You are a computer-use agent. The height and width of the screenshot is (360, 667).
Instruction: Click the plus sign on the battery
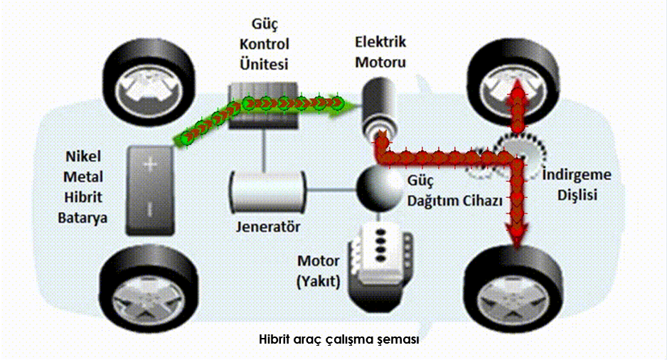(150, 164)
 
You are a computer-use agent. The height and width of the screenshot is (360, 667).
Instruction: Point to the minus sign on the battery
(150, 209)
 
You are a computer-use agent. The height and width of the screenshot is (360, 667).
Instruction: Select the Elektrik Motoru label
(380, 53)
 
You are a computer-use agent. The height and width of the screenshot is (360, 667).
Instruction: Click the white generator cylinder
(267, 191)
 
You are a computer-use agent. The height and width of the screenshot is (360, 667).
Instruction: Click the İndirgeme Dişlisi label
(577, 185)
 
